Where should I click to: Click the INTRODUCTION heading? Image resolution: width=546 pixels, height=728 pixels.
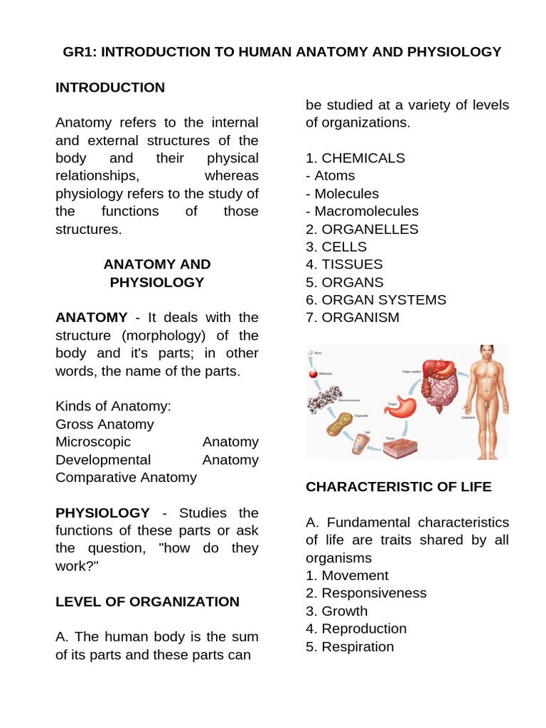pyautogui.click(x=110, y=87)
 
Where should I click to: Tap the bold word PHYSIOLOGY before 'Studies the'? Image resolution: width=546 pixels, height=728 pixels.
pyautogui.click(x=102, y=513)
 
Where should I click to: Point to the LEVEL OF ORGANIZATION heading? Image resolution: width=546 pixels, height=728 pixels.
pyautogui.click(x=147, y=601)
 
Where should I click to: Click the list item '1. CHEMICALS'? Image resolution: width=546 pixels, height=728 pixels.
pyautogui.click(x=355, y=158)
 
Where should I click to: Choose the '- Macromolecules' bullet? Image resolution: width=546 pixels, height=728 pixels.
pyautogui.click(x=362, y=211)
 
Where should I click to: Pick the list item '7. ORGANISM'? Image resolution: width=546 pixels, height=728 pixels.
pyautogui.click(x=353, y=318)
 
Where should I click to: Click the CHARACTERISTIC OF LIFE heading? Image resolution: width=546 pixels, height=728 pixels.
pyautogui.click(x=398, y=486)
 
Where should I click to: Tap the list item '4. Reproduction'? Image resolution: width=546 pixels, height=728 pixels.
pyautogui.click(x=356, y=628)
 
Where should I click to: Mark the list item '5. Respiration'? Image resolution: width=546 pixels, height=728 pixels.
pyautogui.click(x=350, y=646)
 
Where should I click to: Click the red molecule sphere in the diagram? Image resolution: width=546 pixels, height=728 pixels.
pyautogui.click(x=312, y=374)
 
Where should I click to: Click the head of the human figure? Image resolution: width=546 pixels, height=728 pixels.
pyautogui.click(x=487, y=353)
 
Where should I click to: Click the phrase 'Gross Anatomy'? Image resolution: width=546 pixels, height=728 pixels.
pyautogui.click(x=105, y=424)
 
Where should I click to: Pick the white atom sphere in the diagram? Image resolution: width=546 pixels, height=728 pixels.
pyautogui.click(x=310, y=353)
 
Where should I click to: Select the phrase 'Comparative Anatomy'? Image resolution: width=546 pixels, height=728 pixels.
pyautogui.click(x=126, y=477)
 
